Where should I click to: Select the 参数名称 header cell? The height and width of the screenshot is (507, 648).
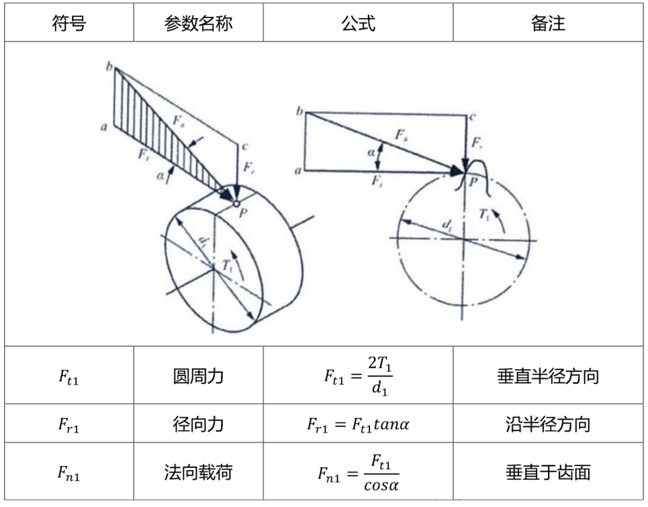pyautogui.click(x=199, y=24)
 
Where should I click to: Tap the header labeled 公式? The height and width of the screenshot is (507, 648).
pyautogui.click(x=358, y=24)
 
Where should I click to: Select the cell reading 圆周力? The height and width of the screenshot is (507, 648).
pyautogui.click(x=199, y=377)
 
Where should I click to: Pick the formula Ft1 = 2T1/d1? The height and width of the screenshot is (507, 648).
pyautogui.click(x=358, y=376)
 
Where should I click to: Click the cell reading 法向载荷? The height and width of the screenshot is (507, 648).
pyautogui.click(x=199, y=472)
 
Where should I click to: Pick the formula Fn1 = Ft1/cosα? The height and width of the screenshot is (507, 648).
pyautogui.click(x=358, y=472)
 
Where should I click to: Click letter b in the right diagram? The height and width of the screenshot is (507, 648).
pyautogui.click(x=299, y=109)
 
